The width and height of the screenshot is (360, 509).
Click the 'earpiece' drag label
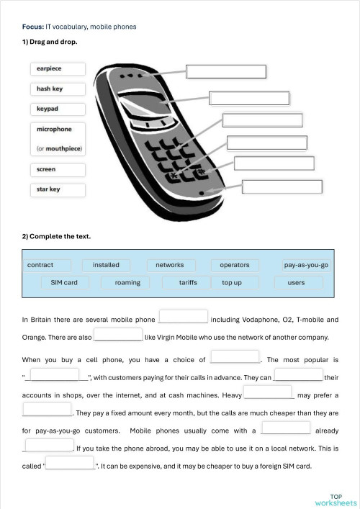point(58,69)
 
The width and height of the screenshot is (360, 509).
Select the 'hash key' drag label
point(58,89)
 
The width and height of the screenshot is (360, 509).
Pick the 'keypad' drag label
point(58,109)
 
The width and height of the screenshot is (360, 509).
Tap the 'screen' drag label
point(58,170)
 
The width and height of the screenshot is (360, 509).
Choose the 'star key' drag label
point(58,190)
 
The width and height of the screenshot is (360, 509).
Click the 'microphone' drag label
point(58,130)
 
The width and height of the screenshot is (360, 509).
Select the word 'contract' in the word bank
point(41,265)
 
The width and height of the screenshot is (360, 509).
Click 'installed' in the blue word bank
point(106,265)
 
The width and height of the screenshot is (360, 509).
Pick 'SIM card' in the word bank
point(64,282)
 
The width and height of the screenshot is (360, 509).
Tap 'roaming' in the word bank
point(127,282)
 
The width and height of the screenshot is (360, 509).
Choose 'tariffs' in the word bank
point(188,282)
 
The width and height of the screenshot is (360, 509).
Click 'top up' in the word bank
point(232,282)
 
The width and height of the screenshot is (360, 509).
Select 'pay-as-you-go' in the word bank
point(306,265)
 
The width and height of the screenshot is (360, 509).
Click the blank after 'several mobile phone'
point(183,317)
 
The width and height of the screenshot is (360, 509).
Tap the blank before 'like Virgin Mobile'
point(119,335)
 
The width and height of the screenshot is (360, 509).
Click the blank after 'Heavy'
point(269,393)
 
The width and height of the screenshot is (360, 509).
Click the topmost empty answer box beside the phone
point(226,71)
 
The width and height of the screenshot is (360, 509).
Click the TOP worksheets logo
point(336,500)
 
